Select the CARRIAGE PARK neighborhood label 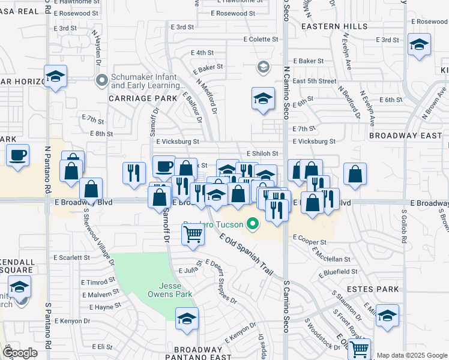click(x=143, y=98)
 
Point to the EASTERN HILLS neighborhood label click(x=334, y=27)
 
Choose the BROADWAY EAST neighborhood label click(x=405, y=136)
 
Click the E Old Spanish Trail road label click(x=246, y=255)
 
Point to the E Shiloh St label click(x=262, y=154)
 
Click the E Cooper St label click(x=309, y=242)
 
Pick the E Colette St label click(x=261, y=40)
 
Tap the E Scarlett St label click(x=71, y=257)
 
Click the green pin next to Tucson click(x=253, y=226)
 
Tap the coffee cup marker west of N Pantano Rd click(x=17, y=155)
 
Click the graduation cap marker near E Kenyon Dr click(x=187, y=319)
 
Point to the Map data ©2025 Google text click(x=412, y=355)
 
